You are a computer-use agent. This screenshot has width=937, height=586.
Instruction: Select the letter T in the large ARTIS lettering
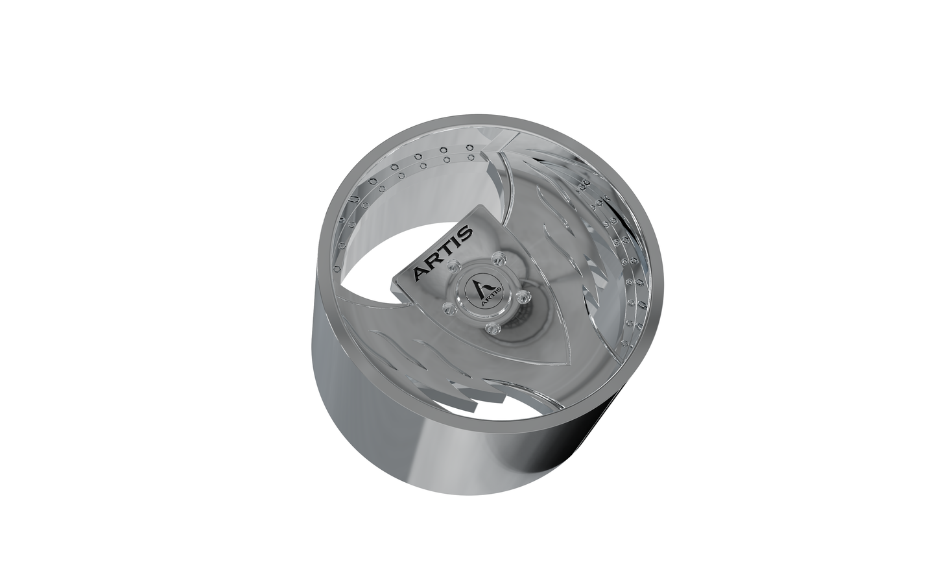(x=443, y=252)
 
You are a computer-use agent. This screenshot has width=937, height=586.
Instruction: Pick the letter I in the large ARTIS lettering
(x=452, y=243)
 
